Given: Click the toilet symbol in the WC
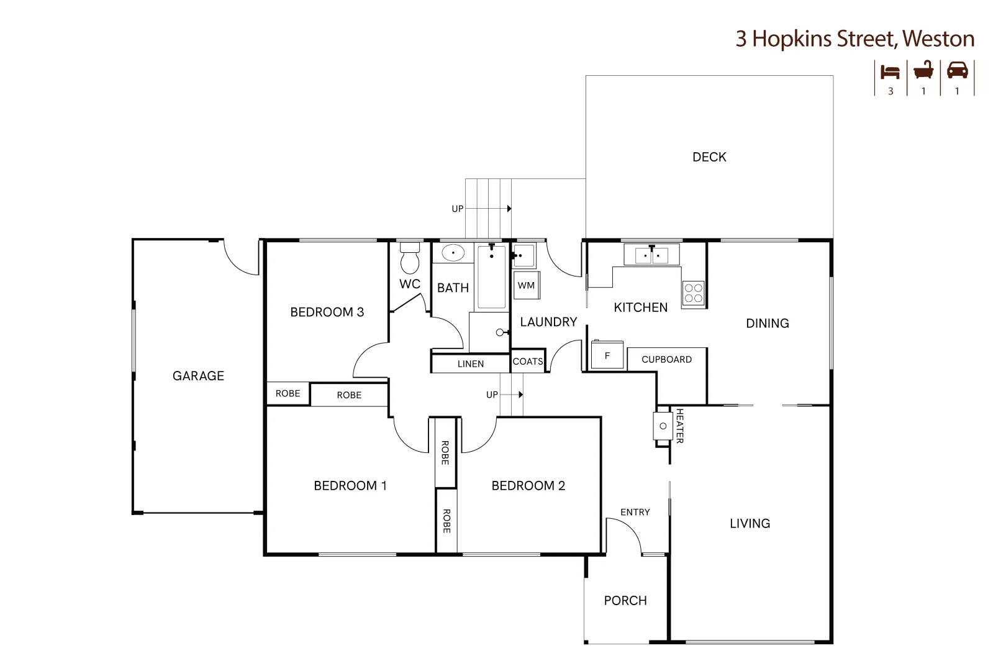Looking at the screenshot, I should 410,259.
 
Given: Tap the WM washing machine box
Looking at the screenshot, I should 526,286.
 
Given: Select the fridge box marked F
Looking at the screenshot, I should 607,356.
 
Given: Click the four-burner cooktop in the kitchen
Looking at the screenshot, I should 694,293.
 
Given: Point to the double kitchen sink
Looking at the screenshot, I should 651,255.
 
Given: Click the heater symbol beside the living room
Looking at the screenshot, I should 663,426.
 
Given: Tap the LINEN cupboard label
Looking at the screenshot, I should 470,364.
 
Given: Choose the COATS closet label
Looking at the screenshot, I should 528,362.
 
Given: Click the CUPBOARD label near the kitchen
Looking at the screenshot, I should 666,360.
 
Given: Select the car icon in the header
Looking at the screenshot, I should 957,71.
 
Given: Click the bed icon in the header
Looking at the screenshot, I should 890,72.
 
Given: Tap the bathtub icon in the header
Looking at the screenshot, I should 923,70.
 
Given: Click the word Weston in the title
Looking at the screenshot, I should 938,39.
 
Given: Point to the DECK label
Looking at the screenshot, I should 709,157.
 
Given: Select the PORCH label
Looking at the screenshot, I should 625,601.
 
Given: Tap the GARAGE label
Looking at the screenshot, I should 198,376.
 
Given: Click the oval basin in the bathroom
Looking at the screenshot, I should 453,253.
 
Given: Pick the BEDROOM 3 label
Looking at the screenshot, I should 327,313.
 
